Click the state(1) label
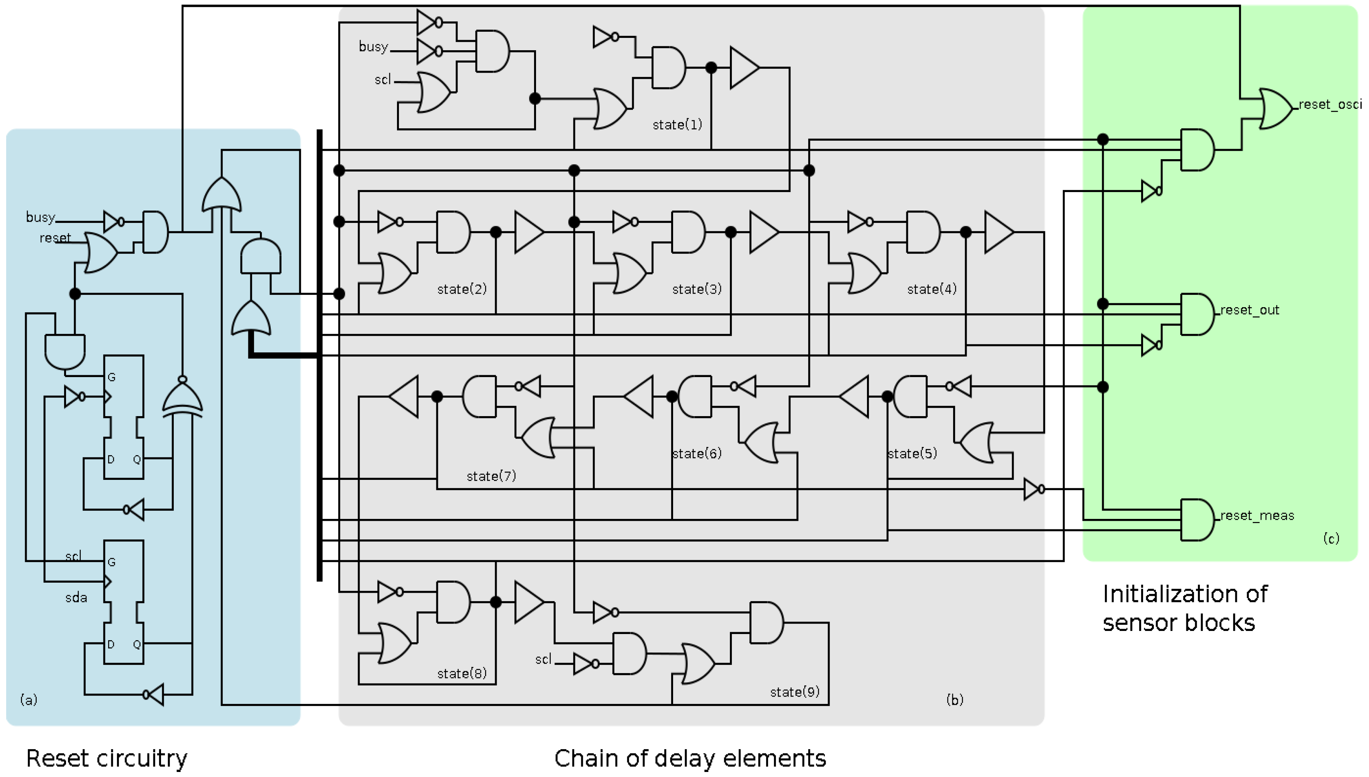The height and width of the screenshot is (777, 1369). (x=677, y=124)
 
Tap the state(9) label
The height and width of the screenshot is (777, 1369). (x=794, y=692)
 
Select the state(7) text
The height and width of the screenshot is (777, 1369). (x=491, y=476)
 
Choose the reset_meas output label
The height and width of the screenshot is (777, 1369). (x=1257, y=515)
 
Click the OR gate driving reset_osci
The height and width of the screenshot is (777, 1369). (x=1275, y=109)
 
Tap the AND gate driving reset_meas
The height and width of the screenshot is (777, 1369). (x=1196, y=520)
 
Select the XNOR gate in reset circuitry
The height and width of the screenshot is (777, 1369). (x=182, y=400)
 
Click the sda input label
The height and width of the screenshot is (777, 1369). (x=76, y=598)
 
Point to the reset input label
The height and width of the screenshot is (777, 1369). (x=55, y=238)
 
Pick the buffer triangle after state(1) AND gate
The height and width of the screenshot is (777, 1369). (x=743, y=68)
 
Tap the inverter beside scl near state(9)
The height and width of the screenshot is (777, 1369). (x=585, y=664)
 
